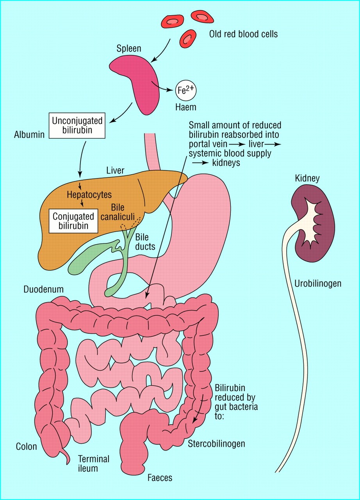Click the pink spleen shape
tap(135, 82)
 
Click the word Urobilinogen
tap(318, 284)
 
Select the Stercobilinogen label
tap(216, 443)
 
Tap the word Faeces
tap(160, 477)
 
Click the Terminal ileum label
tap(93, 463)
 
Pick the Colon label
tap(26, 446)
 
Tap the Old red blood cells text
tap(243, 34)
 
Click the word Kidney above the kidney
tap(308, 179)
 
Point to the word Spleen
tap(129, 50)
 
